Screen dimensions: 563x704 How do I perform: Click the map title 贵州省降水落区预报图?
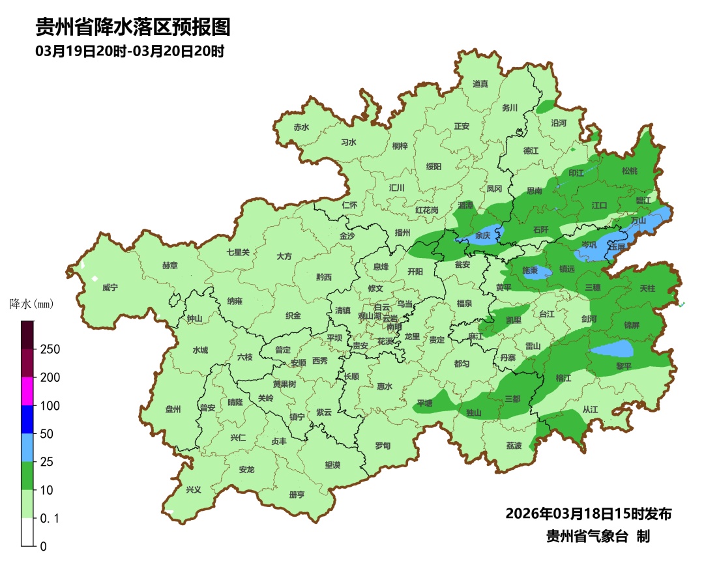133,27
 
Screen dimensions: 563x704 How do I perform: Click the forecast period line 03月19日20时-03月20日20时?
130,51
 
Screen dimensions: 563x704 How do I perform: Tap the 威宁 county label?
110,287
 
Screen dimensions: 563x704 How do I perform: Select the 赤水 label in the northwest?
301,128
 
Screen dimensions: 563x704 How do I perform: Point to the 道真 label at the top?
480,84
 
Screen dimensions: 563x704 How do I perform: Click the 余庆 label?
483,235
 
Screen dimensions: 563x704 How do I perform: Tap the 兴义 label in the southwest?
194,489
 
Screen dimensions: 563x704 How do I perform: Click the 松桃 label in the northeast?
629,171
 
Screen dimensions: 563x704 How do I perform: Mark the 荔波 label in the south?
514,446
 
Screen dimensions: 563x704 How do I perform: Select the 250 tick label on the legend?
50,349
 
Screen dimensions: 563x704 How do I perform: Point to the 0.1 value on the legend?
50,518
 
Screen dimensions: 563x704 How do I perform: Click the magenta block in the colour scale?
27,391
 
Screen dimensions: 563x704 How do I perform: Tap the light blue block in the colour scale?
27,447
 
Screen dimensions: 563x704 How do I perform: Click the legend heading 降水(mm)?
31,304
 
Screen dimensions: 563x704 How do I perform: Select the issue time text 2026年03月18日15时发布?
588,513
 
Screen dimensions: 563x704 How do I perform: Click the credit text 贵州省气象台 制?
597,536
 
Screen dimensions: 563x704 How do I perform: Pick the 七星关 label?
238,252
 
